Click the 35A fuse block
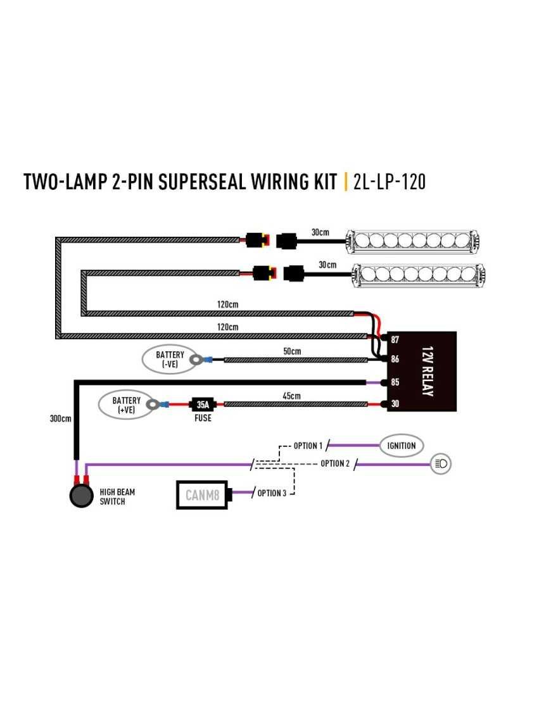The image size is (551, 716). click(x=203, y=403)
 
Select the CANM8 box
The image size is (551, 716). click(x=202, y=494)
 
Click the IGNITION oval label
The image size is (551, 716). click(x=402, y=446)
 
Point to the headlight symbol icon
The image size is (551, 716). click(x=441, y=464)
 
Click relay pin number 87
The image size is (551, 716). click(x=395, y=340)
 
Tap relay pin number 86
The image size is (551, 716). click(x=395, y=359)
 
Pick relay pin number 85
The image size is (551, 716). click(x=395, y=382)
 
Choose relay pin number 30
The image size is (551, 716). click(x=395, y=404)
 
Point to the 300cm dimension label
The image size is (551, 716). click(x=61, y=418)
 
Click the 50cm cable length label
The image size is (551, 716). click(x=292, y=351)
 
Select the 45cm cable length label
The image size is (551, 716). click(x=292, y=396)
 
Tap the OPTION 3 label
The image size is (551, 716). click(x=272, y=493)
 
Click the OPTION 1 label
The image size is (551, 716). click(x=308, y=446)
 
